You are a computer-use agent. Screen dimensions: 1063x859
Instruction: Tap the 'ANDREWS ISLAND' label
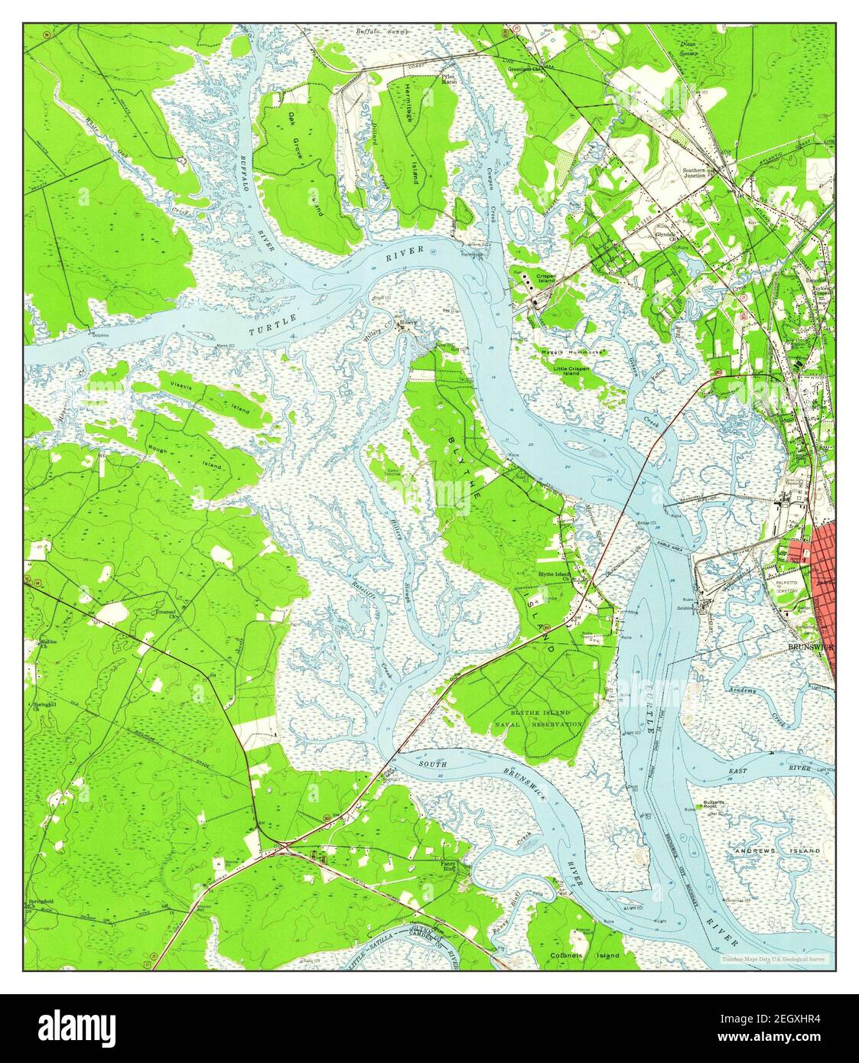click(777, 850)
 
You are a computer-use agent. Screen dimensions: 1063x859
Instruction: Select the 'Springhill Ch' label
click(36, 706)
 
